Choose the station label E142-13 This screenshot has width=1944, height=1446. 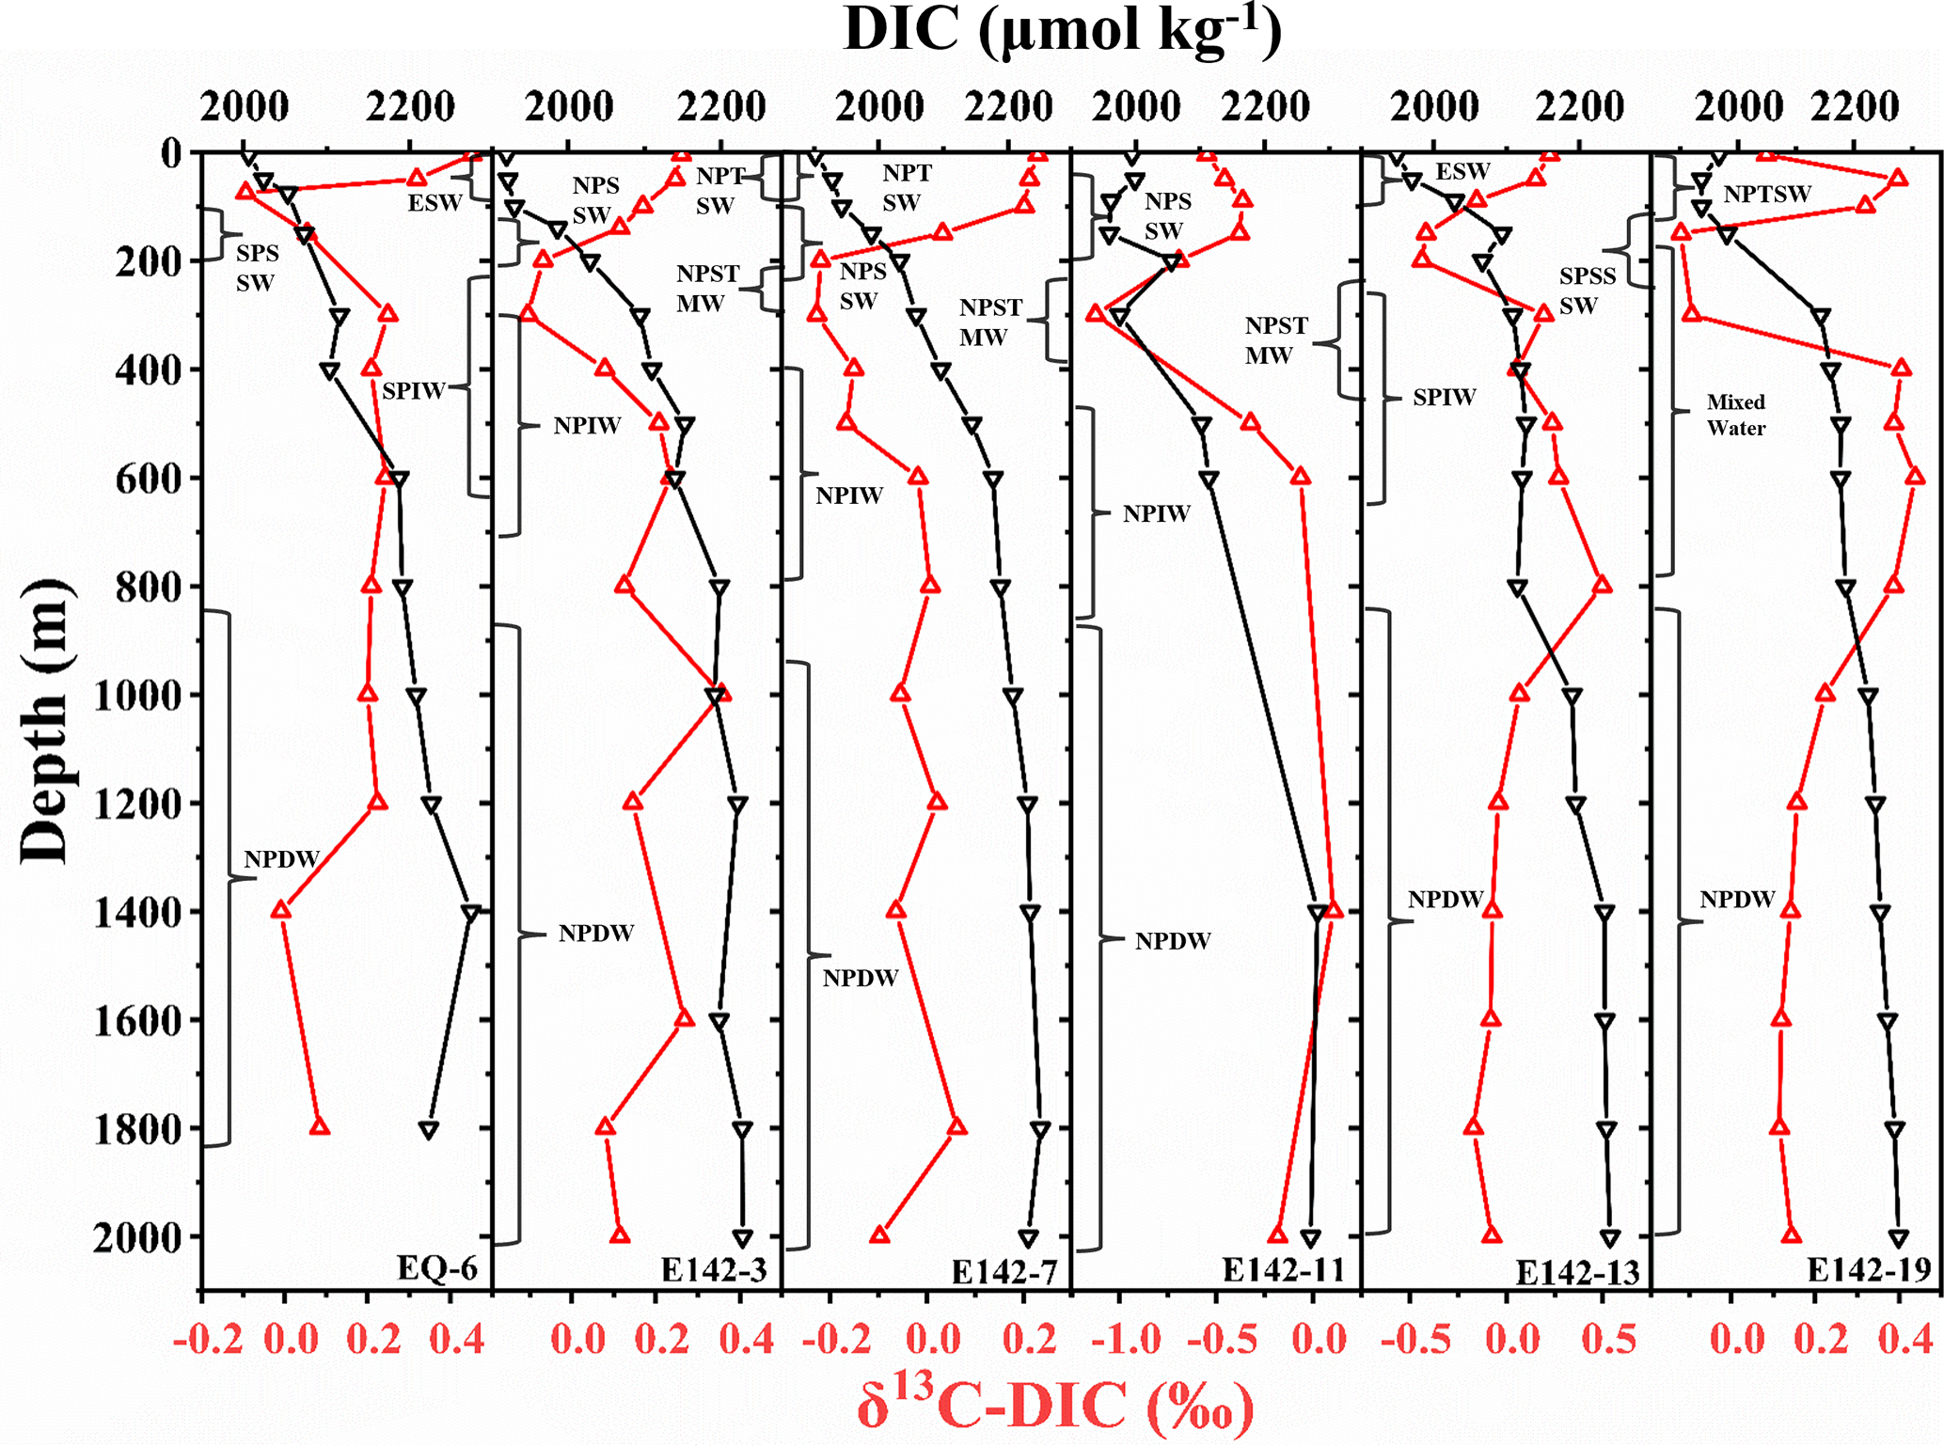[1577, 1272]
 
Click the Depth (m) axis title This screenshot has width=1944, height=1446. [45, 721]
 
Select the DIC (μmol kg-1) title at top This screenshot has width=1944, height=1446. [1062, 30]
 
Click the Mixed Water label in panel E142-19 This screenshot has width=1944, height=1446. [1735, 415]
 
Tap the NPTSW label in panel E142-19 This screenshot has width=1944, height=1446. [1766, 195]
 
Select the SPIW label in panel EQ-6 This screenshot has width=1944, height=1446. [413, 391]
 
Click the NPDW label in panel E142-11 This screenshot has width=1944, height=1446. [1172, 941]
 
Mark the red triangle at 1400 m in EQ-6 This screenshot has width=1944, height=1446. [280, 910]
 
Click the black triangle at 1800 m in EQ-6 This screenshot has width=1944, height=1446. [429, 1129]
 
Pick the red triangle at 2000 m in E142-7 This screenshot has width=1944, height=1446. [880, 1234]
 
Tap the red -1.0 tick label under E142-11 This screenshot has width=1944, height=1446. [1126, 1339]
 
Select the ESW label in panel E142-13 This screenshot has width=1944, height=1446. [1462, 171]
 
